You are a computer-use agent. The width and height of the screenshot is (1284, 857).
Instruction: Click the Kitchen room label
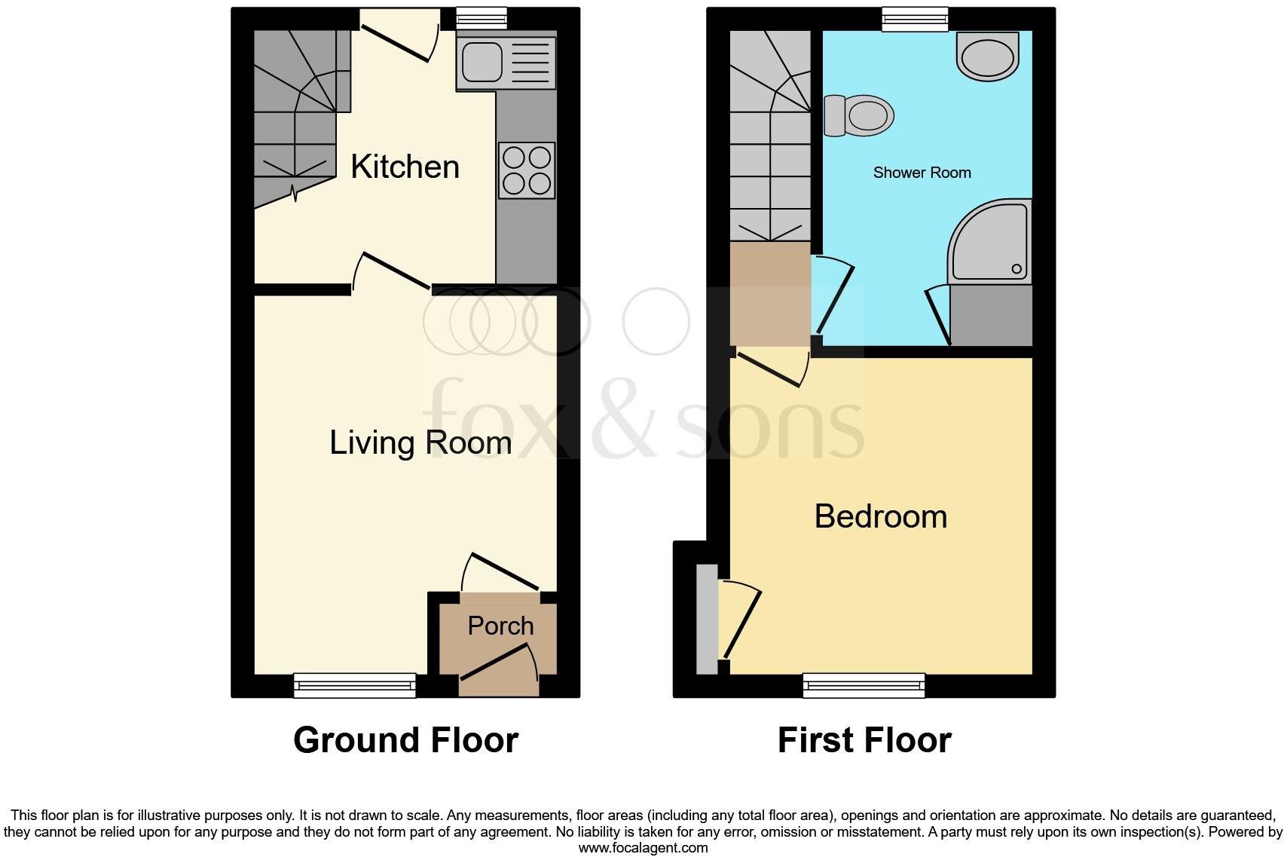(x=405, y=167)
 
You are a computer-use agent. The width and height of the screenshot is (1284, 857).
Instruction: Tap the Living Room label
(x=420, y=442)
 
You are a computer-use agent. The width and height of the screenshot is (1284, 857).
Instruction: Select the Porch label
(x=500, y=626)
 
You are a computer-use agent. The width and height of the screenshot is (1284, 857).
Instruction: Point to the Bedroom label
(x=880, y=516)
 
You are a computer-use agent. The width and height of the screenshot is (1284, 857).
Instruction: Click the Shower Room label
(x=922, y=173)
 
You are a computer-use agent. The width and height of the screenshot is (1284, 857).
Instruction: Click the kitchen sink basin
(x=482, y=62)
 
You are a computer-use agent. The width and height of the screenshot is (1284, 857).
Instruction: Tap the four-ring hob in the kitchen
(x=527, y=170)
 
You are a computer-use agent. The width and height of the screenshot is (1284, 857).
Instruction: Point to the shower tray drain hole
(x=1016, y=269)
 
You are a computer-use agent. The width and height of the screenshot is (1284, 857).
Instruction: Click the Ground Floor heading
(x=405, y=740)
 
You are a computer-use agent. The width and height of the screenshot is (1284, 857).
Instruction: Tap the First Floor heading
(x=864, y=740)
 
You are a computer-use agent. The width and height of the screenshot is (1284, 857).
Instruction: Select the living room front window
(x=354, y=684)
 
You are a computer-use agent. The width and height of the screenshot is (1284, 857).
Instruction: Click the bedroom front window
(x=864, y=684)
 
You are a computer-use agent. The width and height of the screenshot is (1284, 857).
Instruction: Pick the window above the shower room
(x=915, y=19)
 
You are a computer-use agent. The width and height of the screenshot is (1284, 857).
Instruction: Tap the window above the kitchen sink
(x=482, y=18)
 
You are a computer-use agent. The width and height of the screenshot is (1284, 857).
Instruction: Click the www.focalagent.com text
(x=643, y=848)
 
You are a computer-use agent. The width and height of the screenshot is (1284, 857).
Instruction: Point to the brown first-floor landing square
(x=769, y=293)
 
